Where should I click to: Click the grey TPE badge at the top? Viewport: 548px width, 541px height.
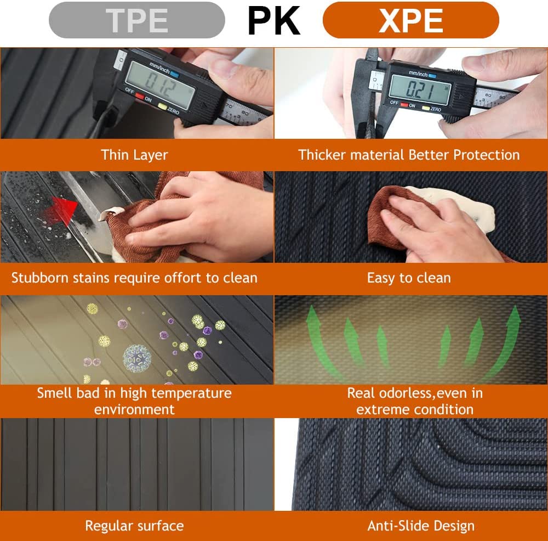[136, 20]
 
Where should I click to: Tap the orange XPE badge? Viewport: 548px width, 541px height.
[410, 20]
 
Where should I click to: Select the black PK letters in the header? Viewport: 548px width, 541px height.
[273, 21]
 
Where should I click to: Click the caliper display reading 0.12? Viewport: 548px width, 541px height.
[159, 86]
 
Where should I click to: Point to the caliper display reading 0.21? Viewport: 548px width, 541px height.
[419, 90]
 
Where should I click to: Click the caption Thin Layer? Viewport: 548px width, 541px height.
[135, 155]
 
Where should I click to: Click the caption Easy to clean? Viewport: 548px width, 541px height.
[409, 278]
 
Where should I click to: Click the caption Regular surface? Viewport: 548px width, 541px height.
[135, 526]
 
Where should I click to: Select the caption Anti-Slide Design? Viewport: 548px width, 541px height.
[421, 526]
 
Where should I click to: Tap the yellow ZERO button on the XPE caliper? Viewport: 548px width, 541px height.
[426, 108]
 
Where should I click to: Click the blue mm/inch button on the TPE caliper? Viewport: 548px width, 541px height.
[175, 75]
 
